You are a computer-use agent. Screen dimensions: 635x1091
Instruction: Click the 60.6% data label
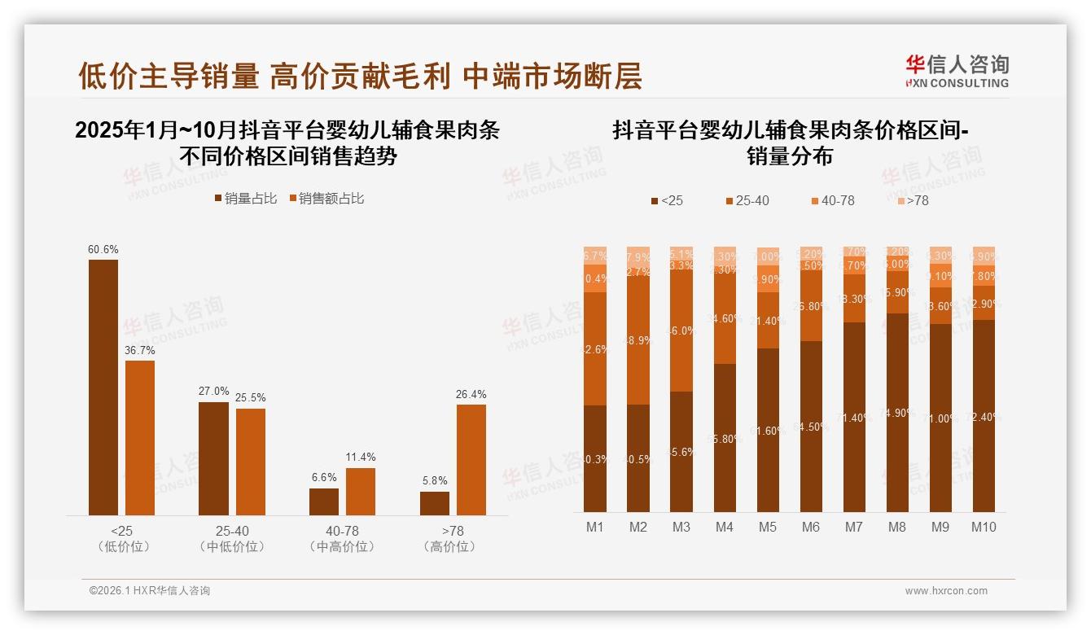[x=103, y=249]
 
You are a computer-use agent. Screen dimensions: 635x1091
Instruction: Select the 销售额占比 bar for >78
[x=471, y=459]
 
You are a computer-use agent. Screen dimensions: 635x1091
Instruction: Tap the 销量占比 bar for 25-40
[x=213, y=458]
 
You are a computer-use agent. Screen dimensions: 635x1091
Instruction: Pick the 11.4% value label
[x=361, y=458]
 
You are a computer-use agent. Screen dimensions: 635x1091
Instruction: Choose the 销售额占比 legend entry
[x=326, y=199]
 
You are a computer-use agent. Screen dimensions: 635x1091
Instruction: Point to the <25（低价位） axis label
[x=124, y=539]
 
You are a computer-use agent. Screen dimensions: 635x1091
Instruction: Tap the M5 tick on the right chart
[x=767, y=527]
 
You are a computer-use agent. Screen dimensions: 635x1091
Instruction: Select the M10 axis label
[x=984, y=527]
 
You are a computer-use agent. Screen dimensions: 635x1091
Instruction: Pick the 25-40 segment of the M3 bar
[x=681, y=331]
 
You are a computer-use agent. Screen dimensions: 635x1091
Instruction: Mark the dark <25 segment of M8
[x=896, y=412]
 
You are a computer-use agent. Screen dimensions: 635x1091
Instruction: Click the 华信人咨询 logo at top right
[x=957, y=71]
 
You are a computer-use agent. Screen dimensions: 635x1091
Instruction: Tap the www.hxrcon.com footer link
[x=946, y=591]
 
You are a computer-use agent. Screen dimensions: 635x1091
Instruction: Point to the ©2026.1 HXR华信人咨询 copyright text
[x=150, y=591]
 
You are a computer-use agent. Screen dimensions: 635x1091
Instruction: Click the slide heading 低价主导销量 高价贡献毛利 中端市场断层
[x=360, y=76]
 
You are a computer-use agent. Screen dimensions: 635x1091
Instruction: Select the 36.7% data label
[x=140, y=350]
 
